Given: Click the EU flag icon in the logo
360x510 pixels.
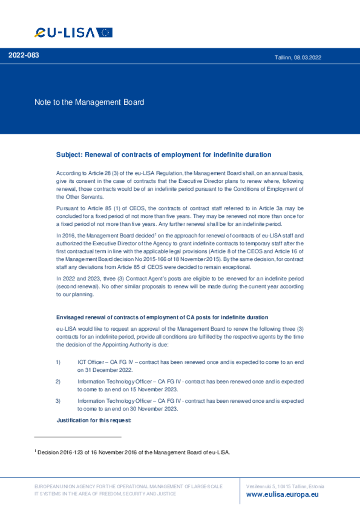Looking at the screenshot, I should pyautogui.click(x=104, y=33).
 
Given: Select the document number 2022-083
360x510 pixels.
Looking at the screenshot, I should pyautogui.click(x=24, y=55).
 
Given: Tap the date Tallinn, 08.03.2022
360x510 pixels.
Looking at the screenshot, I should pyautogui.click(x=298, y=57).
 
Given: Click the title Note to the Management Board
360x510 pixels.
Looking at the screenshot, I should pyautogui.click(x=89, y=102).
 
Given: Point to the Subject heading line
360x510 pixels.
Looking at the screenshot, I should pyautogui.click(x=164, y=154).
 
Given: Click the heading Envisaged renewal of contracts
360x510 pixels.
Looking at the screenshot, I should pyautogui.click(x=162, y=317).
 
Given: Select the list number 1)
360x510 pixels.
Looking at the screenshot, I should pyautogui.click(x=58, y=362).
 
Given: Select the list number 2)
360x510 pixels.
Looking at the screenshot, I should pyautogui.click(x=58, y=381).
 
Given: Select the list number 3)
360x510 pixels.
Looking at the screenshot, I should pyautogui.click(x=58, y=401).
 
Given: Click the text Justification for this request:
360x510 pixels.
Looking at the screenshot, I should pyautogui.click(x=94, y=420).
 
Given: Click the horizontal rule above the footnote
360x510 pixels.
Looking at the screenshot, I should pyautogui.click(x=78, y=437).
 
